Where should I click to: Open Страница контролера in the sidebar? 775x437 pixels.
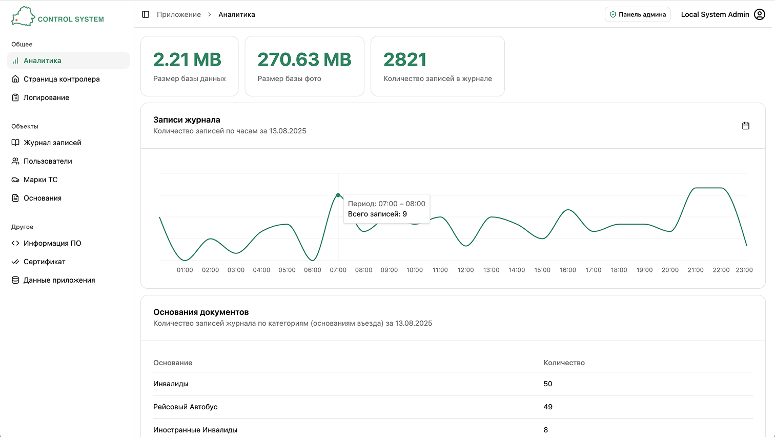62,79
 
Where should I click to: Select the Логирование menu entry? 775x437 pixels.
46,97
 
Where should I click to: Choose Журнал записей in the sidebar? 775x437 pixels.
52,143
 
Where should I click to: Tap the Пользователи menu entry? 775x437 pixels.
48,161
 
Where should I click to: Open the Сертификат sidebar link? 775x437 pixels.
44,262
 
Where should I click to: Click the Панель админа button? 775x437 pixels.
638,14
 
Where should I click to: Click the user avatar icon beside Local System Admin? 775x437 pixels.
760,14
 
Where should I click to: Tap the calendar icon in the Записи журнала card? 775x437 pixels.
746,126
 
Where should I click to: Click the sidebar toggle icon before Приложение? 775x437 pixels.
146,14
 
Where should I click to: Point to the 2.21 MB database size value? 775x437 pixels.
187,59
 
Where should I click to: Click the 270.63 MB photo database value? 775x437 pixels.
304,59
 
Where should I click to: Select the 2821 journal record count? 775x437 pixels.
405,59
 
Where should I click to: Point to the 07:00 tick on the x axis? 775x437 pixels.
338,270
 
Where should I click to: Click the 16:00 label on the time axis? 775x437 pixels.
568,270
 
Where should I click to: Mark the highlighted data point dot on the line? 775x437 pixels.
338,195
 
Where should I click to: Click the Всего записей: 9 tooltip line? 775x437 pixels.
377,214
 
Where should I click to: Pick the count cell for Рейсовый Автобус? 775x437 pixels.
548,407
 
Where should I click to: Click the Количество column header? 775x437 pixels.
564,363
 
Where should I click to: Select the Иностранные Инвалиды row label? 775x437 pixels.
195,430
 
